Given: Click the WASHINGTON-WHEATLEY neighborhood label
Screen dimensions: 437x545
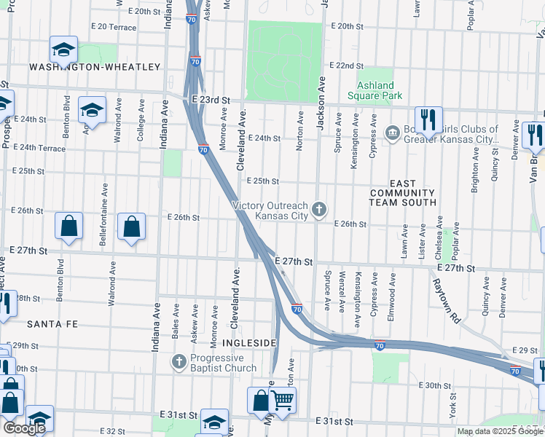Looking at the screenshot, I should click(x=95, y=67).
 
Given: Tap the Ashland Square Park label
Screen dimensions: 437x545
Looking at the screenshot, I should click(x=375, y=91).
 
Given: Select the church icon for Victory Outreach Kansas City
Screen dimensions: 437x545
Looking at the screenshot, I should click(x=318, y=210).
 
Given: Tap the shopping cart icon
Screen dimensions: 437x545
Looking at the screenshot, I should click(x=283, y=400).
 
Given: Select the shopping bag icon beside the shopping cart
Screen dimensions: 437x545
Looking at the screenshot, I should click(x=261, y=401).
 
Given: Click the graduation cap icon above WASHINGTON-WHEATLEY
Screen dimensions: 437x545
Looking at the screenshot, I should click(x=63, y=50).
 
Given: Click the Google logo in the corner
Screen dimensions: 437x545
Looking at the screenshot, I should click(x=23, y=428).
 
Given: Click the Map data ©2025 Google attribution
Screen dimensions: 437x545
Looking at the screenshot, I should click(x=500, y=431).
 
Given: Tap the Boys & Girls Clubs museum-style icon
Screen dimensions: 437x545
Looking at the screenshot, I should click(x=392, y=132).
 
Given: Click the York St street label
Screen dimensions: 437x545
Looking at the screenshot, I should click(x=452, y=401).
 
